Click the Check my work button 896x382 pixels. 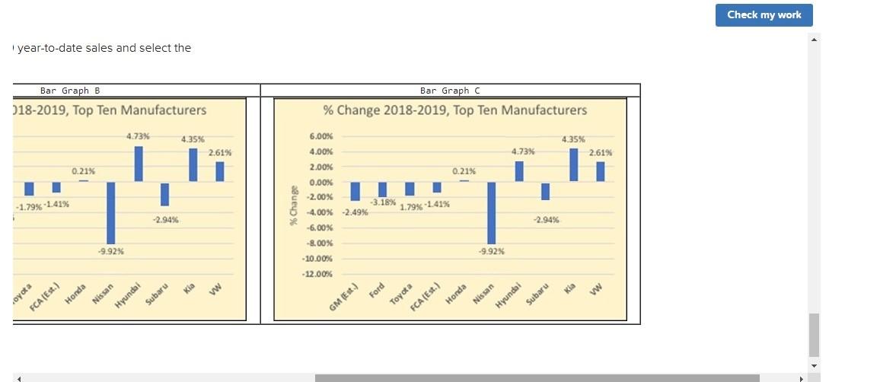tap(764, 15)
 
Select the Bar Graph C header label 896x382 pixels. tap(450, 91)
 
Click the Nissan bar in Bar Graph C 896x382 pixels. tap(492, 212)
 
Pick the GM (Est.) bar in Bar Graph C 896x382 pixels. tap(355, 191)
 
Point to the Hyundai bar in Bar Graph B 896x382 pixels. tap(139, 164)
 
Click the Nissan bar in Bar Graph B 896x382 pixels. tap(111, 212)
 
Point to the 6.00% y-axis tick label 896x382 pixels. tap(320, 136)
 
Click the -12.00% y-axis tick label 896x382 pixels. tap(317, 274)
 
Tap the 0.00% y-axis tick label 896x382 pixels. tap(320, 183)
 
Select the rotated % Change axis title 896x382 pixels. tap(292, 205)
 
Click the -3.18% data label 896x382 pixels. tap(383, 202)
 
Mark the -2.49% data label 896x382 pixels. tap(356, 212)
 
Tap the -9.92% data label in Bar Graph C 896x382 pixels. tap(491, 251)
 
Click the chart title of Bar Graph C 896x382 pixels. tap(454, 110)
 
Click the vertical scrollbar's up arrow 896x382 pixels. tap(814, 40)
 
